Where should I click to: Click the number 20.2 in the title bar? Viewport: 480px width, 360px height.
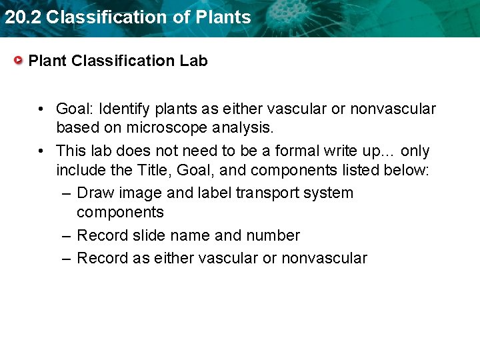tap(23, 17)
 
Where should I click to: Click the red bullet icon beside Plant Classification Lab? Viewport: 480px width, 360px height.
tap(19, 61)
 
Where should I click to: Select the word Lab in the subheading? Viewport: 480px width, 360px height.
tap(193, 61)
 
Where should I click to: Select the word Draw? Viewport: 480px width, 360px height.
tap(95, 193)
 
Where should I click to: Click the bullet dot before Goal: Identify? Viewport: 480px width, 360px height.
tap(41, 109)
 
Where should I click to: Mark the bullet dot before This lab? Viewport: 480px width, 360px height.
tap(41, 151)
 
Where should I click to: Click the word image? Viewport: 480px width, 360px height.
tap(139, 193)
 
